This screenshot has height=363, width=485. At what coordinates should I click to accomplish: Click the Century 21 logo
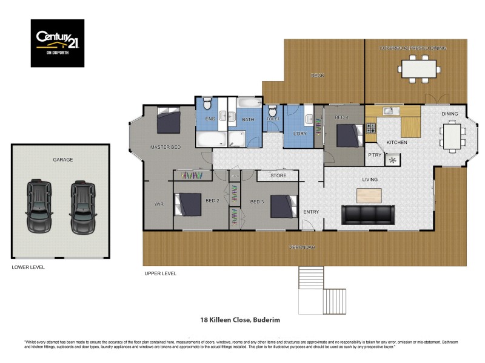coord(58,43)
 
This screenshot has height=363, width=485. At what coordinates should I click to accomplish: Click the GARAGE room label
coord(62,160)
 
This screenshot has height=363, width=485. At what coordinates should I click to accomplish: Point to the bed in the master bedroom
coord(168,120)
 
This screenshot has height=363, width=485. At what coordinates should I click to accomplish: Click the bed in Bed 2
coord(188,204)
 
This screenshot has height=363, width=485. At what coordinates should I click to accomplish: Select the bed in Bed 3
coord(284,205)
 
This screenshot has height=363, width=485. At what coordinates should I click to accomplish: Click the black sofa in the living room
coord(369,214)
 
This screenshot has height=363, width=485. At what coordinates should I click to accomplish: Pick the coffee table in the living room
coord(369,195)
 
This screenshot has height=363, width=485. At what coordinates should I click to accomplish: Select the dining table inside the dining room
coord(451,134)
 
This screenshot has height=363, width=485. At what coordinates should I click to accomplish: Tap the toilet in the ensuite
coord(207,103)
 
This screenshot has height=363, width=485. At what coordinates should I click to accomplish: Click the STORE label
coord(278,176)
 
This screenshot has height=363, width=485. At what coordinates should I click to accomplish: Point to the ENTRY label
coord(311,212)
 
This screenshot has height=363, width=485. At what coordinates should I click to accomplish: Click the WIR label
coord(159,204)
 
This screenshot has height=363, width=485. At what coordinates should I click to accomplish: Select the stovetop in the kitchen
coord(370,128)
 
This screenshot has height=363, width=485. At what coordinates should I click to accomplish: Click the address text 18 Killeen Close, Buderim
coord(240,320)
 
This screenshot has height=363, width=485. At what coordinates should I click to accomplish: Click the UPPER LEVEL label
coord(160,273)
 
